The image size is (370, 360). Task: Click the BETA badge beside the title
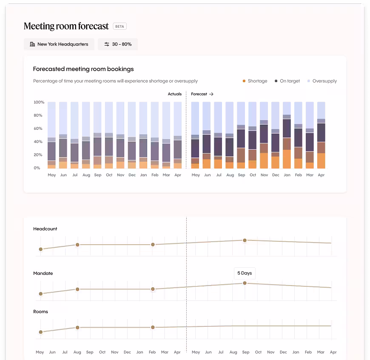[120, 26]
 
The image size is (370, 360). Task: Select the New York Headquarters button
[59, 44]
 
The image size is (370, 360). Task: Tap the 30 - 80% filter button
[118, 44]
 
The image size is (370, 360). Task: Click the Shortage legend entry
[255, 81]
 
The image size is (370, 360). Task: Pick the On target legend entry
[287, 81]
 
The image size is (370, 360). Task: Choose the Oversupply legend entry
[322, 81]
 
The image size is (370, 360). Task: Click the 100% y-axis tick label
[39, 103]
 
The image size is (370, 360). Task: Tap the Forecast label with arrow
[202, 94]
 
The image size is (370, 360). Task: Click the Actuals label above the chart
[174, 94]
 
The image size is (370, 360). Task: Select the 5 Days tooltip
[245, 273]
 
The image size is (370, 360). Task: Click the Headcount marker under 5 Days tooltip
[245, 240]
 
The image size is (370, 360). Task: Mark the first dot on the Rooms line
[41, 332]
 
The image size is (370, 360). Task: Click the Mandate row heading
[43, 273]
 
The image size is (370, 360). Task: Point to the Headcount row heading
[45, 229]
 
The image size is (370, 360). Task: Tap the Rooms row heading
[40, 311]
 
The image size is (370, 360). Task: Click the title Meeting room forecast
[66, 26]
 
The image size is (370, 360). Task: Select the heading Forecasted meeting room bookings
[83, 69]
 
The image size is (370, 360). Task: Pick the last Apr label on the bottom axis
[333, 352]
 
